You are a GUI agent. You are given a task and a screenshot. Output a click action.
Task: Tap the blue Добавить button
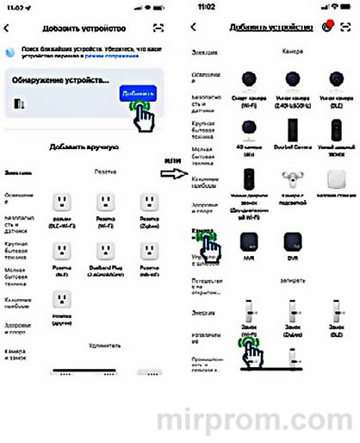pos(138,92)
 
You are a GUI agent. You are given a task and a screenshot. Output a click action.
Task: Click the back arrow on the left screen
pos(7,28)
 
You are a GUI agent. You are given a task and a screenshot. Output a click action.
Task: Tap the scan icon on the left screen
pos(158,28)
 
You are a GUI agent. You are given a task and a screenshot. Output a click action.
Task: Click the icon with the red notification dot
pos(327,27)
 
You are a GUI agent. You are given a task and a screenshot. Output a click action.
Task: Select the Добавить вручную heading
pos(82,147)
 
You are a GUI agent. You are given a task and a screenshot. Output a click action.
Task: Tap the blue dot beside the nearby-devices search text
pos(10,53)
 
